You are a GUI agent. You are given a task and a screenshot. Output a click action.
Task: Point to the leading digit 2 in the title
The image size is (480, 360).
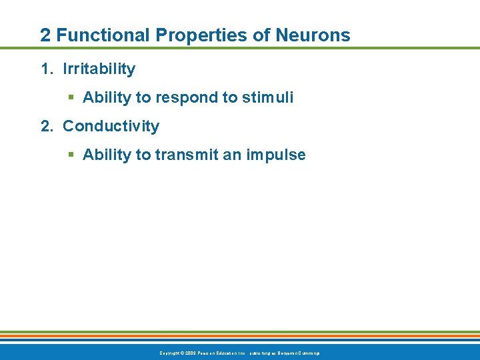pos(45,35)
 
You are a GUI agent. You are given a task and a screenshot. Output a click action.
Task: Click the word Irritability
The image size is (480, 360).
pos(99,69)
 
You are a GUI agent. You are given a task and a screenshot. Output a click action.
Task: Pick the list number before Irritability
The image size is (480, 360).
pos(47,69)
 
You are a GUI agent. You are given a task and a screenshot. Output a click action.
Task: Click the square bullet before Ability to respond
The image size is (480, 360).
pos(71,98)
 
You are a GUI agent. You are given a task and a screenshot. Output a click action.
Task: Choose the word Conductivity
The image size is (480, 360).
pos(111,126)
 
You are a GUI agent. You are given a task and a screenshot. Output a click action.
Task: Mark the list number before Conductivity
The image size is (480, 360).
pos(47,126)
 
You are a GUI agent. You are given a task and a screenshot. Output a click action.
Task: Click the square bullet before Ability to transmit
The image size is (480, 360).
pos(71,155)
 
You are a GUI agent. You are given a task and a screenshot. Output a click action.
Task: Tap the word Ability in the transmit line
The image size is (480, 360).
pos(107,155)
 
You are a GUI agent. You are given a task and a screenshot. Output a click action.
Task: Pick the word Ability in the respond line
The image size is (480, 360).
pos(107,97)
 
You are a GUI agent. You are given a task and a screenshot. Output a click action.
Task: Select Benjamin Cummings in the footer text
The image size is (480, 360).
pos(297,352)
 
